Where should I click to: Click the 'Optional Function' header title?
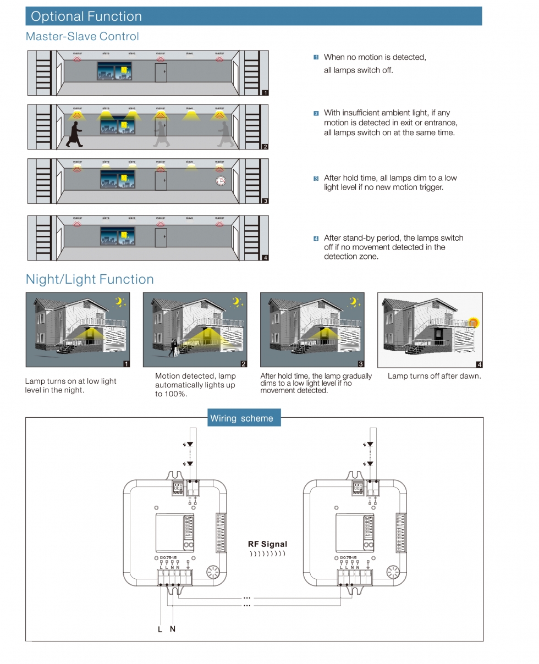click(86, 16)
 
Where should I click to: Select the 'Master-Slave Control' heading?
click(82, 36)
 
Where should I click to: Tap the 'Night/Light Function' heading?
click(90, 279)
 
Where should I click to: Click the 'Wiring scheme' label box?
click(241, 418)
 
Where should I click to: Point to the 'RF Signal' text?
click(267, 544)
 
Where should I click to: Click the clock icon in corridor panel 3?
click(220, 181)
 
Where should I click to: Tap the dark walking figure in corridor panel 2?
click(74, 135)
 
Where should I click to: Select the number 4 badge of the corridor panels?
click(265, 257)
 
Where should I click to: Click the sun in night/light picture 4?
click(474, 323)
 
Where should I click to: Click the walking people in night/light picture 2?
click(175, 347)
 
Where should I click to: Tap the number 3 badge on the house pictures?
click(361, 364)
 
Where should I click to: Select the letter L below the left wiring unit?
click(160, 629)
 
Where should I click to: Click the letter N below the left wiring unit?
click(173, 629)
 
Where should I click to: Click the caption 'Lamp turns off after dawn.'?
click(434, 376)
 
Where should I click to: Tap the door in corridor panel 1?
click(161, 73)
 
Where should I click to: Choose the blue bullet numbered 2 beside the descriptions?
click(316, 113)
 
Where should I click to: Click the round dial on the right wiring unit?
click(393, 572)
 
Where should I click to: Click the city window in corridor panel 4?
click(117, 236)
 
